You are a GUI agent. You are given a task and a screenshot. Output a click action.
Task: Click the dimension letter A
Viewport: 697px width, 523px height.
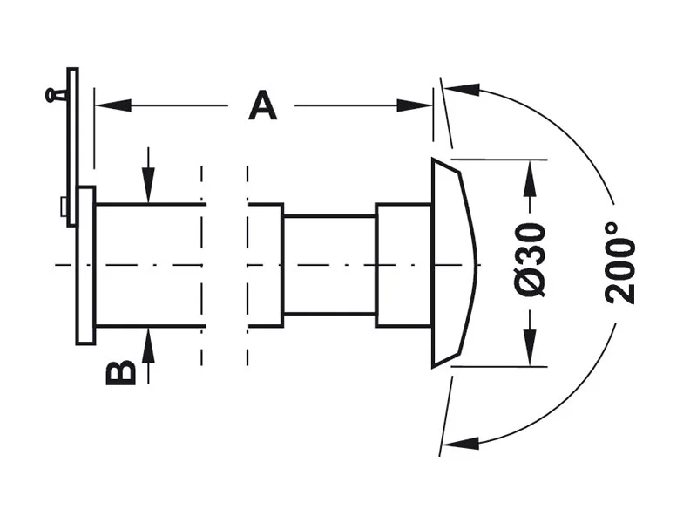263,105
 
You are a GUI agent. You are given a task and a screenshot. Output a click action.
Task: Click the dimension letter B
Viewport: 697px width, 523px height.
120,372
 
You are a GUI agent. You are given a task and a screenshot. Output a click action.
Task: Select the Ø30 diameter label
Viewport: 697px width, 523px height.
530,261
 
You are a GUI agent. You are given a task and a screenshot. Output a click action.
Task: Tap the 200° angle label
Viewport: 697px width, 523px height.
619,263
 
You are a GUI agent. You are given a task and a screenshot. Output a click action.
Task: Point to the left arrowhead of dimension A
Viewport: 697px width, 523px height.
113,105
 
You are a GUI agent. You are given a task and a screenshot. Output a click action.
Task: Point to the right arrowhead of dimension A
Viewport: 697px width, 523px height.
415,105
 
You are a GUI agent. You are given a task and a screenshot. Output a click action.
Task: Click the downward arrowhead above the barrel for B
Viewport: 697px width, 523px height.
148,186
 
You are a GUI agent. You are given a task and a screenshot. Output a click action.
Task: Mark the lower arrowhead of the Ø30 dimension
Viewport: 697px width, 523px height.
530,348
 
